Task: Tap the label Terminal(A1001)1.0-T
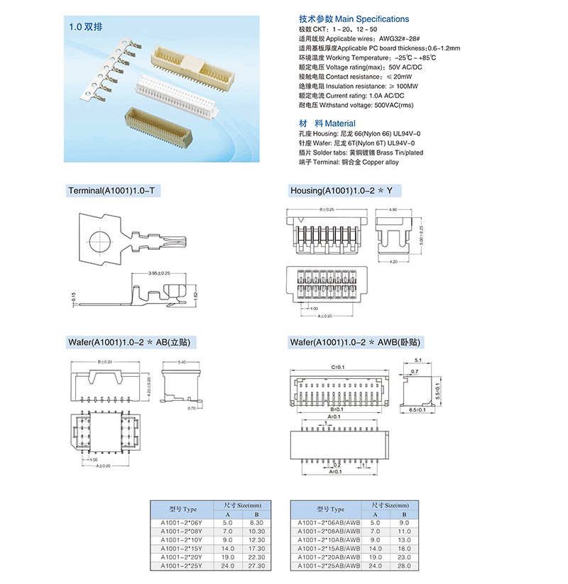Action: [113, 191]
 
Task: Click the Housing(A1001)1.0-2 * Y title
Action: [341, 191]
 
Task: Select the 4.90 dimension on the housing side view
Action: [393, 210]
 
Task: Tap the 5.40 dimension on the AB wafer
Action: [182, 362]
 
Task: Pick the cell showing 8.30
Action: [257, 523]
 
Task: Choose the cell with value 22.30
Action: [257, 557]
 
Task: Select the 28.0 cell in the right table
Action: [404, 566]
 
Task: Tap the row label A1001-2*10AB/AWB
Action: [328, 540]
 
